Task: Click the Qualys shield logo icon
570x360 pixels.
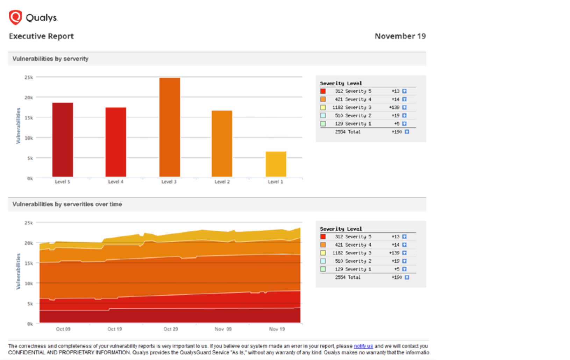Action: tap(15, 17)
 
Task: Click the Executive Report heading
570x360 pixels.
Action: tap(41, 36)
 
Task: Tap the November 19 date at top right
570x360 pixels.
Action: tap(400, 36)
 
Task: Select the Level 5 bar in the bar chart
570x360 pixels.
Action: tap(63, 140)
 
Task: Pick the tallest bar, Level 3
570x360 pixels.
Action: tap(170, 128)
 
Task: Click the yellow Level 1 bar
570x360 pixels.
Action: tap(276, 164)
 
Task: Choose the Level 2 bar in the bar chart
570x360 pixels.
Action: tap(222, 144)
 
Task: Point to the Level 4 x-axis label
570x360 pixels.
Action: tap(116, 182)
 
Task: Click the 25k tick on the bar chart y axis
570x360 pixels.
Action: tap(29, 77)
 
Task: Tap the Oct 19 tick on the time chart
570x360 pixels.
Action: tap(114, 329)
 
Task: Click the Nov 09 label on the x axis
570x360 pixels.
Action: tap(223, 329)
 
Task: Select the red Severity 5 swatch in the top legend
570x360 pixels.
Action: tap(323, 91)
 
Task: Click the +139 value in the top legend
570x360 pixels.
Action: tap(394, 107)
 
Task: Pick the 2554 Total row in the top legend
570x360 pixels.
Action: tap(348, 132)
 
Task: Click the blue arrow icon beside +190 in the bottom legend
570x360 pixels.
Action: tap(407, 277)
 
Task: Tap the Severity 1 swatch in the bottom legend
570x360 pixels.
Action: tap(323, 269)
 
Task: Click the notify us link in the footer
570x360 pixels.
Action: tap(363, 346)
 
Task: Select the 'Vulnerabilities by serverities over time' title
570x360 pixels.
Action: tap(67, 204)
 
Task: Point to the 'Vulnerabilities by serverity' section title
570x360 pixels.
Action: tap(50, 59)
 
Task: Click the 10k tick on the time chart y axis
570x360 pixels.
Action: tap(29, 283)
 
